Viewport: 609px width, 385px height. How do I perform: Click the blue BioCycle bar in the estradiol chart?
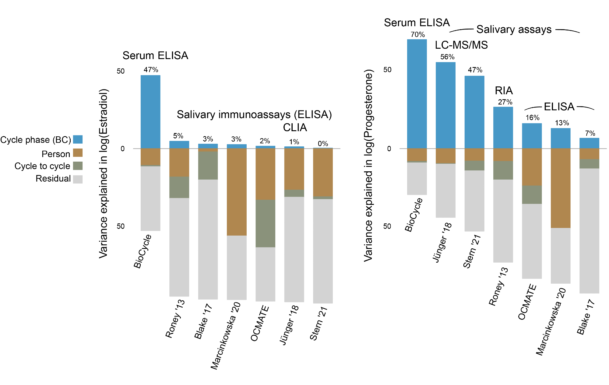click(150, 112)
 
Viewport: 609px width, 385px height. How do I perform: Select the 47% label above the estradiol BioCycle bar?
click(151, 70)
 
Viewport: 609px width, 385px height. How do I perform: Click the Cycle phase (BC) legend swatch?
click(78, 139)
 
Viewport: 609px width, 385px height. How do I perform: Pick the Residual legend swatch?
click(78, 179)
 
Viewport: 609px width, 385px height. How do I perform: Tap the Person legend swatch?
click(78, 153)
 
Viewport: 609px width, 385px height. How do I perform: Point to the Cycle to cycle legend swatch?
click(78, 166)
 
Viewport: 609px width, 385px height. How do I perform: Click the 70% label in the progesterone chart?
click(417, 34)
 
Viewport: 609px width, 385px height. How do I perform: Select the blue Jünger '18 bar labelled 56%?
click(445, 105)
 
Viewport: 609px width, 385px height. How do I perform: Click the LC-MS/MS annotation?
click(461, 45)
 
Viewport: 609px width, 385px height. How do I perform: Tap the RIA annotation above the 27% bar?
click(504, 90)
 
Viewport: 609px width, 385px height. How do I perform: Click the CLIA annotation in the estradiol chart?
click(295, 128)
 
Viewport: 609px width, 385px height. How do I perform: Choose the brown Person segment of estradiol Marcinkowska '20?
click(237, 192)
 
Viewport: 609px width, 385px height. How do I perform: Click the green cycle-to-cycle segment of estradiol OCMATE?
click(265, 223)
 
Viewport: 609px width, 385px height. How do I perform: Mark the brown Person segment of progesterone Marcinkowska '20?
click(560, 188)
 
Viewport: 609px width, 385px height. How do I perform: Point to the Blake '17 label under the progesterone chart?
click(586, 317)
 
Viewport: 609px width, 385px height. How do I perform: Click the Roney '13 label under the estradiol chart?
click(175, 318)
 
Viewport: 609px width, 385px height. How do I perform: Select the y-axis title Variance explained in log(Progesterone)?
click(368, 166)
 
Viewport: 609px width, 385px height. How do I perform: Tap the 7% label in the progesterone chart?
click(590, 133)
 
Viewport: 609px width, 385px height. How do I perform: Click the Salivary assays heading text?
click(514, 29)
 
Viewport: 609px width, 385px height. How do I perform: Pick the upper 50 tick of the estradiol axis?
click(121, 71)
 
